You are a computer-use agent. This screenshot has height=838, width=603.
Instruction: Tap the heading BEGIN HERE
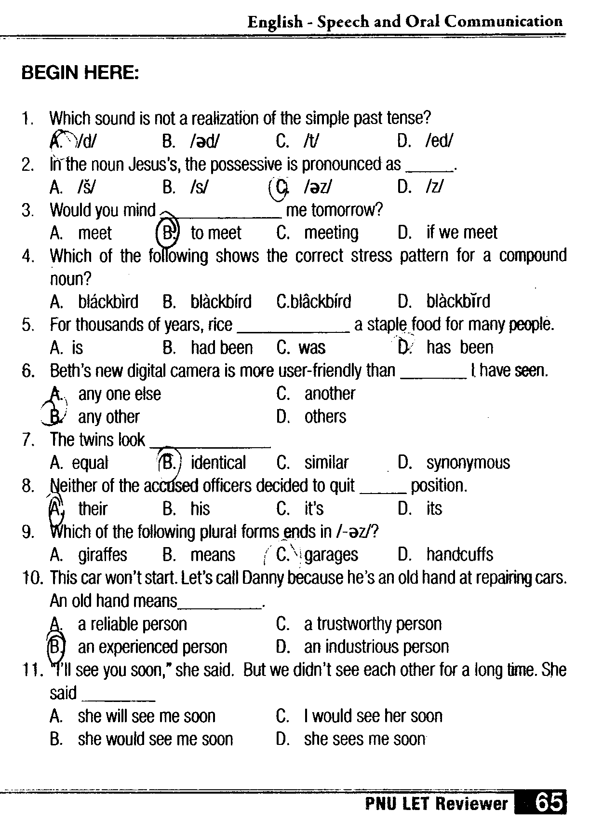point(80,73)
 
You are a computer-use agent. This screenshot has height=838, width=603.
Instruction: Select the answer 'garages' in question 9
point(331,555)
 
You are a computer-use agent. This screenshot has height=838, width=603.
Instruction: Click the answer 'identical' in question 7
point(218,463)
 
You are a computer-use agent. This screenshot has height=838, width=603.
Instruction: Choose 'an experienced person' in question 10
point(152,647)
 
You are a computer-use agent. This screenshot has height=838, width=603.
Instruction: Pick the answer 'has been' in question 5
point(459,347)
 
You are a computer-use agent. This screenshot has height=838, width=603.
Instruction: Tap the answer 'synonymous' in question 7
point(468,463)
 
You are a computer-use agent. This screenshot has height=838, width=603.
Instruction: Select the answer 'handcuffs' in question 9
point(459,555)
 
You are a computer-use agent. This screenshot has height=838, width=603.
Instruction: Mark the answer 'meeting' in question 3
point(331,233)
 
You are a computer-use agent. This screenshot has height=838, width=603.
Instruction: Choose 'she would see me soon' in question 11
point(155,739)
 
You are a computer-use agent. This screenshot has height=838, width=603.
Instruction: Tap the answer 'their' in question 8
point(93,508)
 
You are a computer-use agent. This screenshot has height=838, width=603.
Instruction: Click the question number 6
point(27,371)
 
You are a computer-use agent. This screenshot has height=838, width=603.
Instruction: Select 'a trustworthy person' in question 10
point(373,624)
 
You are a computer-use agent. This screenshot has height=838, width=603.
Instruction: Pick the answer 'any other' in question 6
point(108,417)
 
